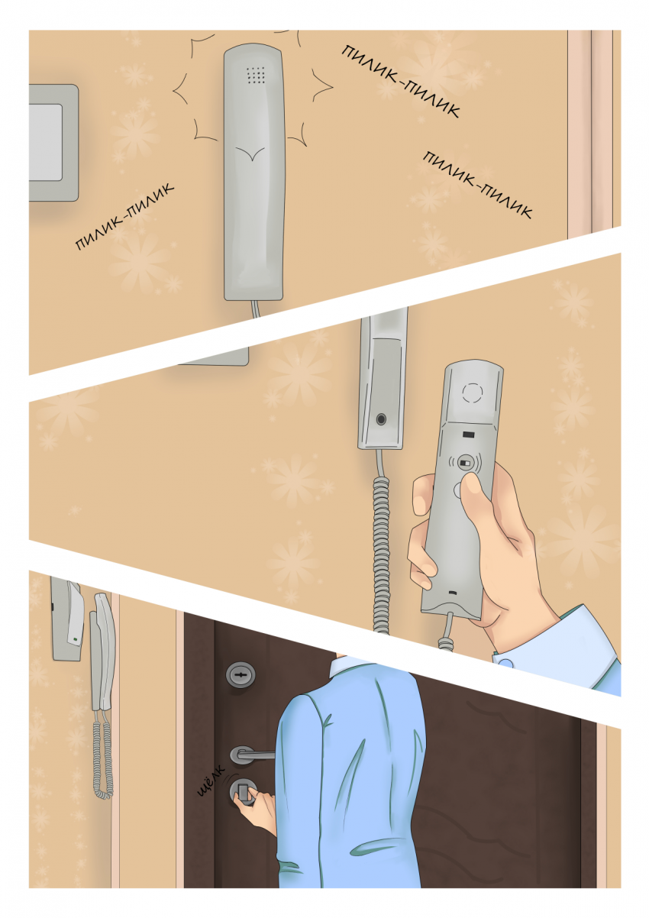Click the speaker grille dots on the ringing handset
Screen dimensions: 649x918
[256, 74]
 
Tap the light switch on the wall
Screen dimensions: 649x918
[53, 143]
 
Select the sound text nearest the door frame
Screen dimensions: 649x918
[478, 185]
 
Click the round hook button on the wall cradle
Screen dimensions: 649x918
[381, 419]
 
